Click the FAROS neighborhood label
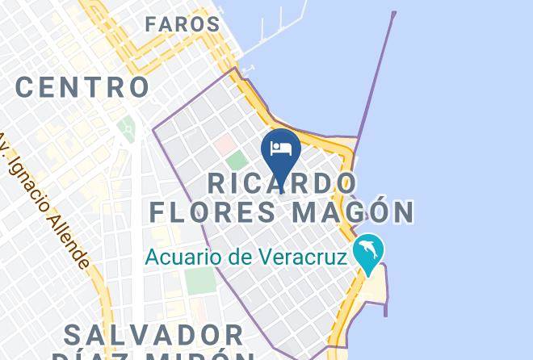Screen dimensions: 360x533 [x=183, y=24]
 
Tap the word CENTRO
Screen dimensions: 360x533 [x=82, y=86]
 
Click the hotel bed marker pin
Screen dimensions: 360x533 [x=281, y=150]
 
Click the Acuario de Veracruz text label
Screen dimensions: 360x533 [x=246, y=258]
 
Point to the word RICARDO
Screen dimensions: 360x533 [x=282, y=182]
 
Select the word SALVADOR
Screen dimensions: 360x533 [x=153, y=334]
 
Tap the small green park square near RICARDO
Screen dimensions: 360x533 [x=235, y=160]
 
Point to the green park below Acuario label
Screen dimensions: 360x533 [x=199, y=281]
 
